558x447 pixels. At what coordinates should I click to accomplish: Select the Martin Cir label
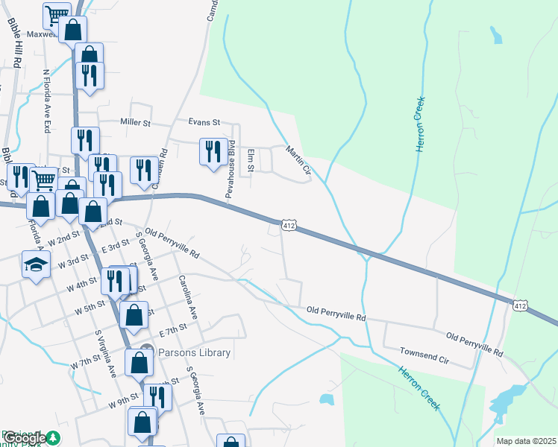pyautogui.click(x=298, y=162)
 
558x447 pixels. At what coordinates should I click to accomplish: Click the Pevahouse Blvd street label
pyautogui.click(x=231, y=169)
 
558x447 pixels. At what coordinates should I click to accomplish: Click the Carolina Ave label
pyautogui.click(x=186, y=296)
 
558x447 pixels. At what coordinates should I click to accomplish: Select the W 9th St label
pyautogui.click(x=123, y=402)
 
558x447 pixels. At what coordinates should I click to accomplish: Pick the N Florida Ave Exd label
pyautogui.click(x=46, y=101)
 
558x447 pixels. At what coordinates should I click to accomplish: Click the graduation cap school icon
pyautogui.click(x=35, y=264)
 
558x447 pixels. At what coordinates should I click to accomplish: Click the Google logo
pyautogui.click(x=25, y=438)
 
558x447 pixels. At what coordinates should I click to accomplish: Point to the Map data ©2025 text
pyautogui.click(x=526, y=441)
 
